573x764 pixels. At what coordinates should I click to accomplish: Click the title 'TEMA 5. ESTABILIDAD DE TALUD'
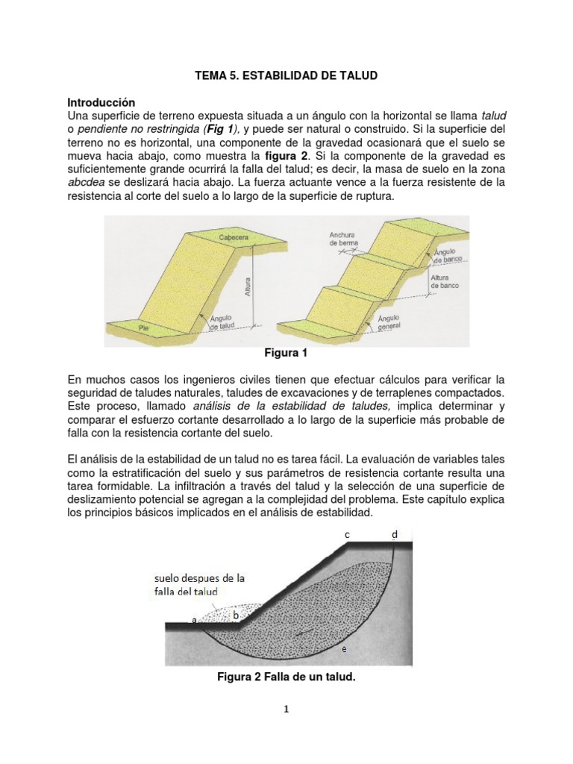pyautogui.click(x=286, y=76)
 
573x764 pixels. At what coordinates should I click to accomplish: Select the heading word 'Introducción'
pyautogui.click(x=101, y=101)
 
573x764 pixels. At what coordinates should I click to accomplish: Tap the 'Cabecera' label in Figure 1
pyautogui.click(x=234, y=237)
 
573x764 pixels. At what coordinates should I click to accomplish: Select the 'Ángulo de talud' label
pyautogui.click(x=222, y=322)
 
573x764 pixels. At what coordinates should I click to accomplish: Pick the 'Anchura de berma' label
pyautogui.click(x=342, y=238)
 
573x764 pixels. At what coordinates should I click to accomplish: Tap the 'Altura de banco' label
pyautogui.click(x=445, y=281)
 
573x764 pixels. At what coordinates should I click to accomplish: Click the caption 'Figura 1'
pyautogui.click(x=286, y=352)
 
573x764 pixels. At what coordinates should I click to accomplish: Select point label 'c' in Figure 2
pyautogui.click(x=347, y=534)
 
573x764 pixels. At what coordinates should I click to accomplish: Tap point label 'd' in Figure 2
pyautogui.click(x=395, y=534)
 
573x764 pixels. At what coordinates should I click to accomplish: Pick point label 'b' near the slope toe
pyautogui.click(x=236, y=615)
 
